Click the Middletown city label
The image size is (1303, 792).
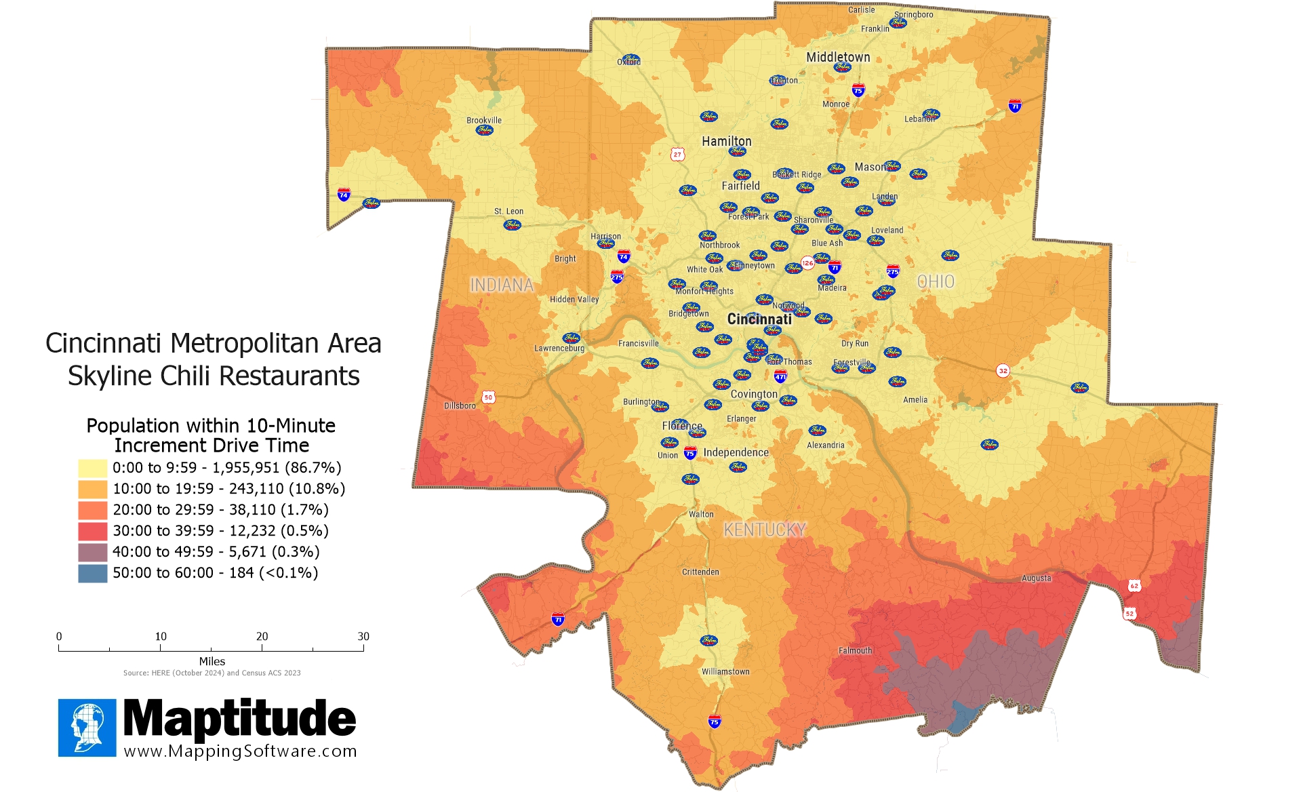tap(838, 57)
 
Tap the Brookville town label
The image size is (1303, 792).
tap(484, 120)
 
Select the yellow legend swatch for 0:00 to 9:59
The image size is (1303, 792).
tap(92, 468)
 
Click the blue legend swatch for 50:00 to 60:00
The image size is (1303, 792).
tap(92, 573)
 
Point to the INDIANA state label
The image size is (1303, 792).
tap(502, 285)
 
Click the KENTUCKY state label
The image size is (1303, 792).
tap(765, 530)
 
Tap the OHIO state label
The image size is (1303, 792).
tap(936, 281)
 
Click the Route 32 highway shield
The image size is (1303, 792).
tap(1003, 370)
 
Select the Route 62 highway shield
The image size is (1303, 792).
tap(1134, 585)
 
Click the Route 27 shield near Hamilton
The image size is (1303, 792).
tap(677, 155)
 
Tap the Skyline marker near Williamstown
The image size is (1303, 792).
tap(708, 640)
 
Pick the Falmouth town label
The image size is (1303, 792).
tap(855, 650)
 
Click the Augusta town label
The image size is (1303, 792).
tap(1036, 578)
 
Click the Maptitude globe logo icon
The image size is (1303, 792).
tap(87, 728)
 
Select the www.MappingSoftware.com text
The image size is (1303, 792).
tap(240, 751)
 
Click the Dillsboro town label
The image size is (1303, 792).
tap(460, 405)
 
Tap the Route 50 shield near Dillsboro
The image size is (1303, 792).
tap(488, 397)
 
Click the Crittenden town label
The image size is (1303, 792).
tap(700, 572)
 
